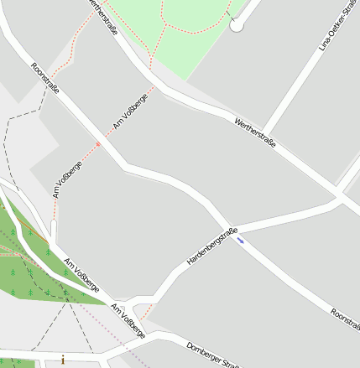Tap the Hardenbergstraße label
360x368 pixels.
212,247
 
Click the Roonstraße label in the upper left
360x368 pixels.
45,79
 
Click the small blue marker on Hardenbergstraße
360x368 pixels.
241,241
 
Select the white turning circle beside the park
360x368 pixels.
237,26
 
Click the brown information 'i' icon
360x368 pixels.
62,360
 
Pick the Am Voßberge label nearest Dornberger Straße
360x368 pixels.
128,321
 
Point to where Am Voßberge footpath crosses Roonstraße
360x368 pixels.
99,143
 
